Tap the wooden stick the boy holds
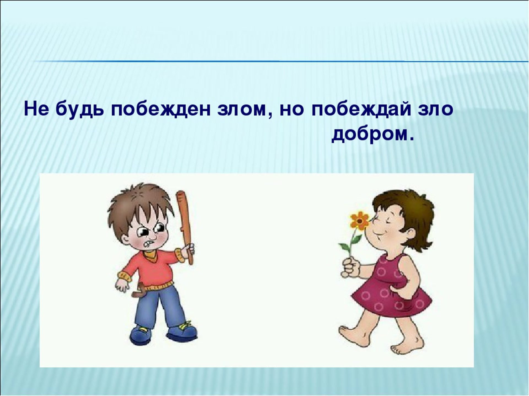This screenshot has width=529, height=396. point(185,226)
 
